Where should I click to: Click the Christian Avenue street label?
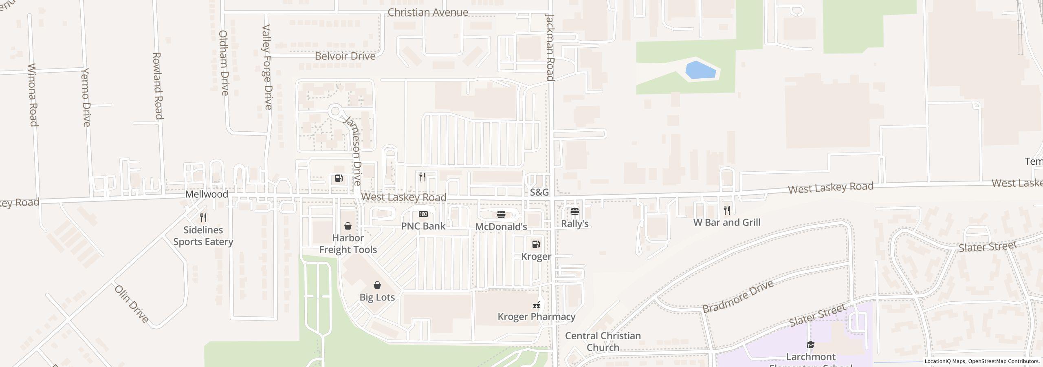[x=427, y=12]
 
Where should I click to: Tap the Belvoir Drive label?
[x=345, y=56]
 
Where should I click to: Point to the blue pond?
[x=701, y=71]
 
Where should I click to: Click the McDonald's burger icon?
[x=501, y=214]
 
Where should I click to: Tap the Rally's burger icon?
[x=575, y=211]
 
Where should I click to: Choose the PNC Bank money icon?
[x=423, y=214]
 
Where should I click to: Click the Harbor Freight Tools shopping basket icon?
[x=348, y=226]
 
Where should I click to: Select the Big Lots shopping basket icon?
[x=377, y=285]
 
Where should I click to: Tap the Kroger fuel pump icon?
[x=536, y=244]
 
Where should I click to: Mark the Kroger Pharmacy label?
[x=537, y=316]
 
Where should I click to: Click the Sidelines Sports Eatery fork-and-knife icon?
[x=203, y=218]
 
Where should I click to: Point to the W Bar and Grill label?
[x=727, y=222]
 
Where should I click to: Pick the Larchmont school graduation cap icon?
[x=811, y=345]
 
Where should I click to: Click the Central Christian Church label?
[x=603, y=341]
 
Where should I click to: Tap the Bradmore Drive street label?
[x=738, y=296]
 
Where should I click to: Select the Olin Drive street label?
[x=132, y=304]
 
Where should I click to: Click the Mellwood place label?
[x=207, y=194]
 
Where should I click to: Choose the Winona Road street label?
[x=33, y=95]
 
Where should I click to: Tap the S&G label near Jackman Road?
[x=539, y=192]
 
